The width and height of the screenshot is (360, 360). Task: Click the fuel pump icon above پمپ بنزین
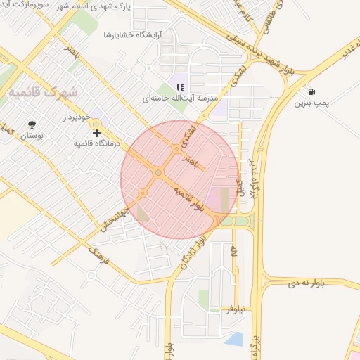pyautogui.click(x=311, y=91)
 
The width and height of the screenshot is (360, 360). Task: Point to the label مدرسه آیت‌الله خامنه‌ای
pyautogui.click(x=176, y=99)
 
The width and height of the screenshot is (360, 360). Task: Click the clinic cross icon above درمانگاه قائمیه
pyautogui.click(x=96, y=132)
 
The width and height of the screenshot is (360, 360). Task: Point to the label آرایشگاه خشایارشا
pyautogui.click(x=134, y=34)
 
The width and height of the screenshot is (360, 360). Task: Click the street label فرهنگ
pyautogui.click(x=101, y=260)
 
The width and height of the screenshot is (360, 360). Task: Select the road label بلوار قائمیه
pyautogui.click(x=190, y=200)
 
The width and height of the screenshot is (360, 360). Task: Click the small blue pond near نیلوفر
pyautogui.click(x=234, y=340)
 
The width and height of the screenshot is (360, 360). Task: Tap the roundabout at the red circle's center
pyautogui.click(x=159, y=172)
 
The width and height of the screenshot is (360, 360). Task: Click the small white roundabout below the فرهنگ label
pyautogui.click(x=91, y=276)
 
